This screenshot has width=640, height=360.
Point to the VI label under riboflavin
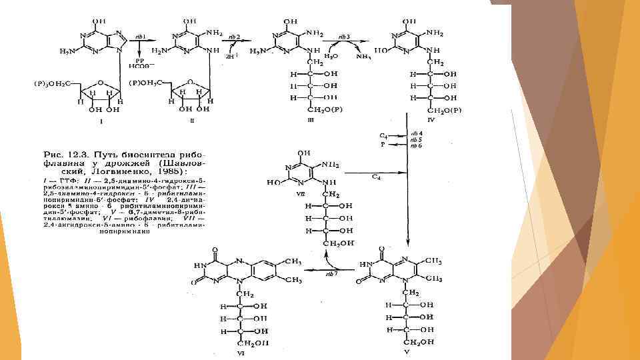coord(241,353)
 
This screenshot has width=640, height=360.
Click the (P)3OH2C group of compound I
coord(53,83)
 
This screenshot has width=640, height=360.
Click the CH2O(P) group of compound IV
coord(445,111)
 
